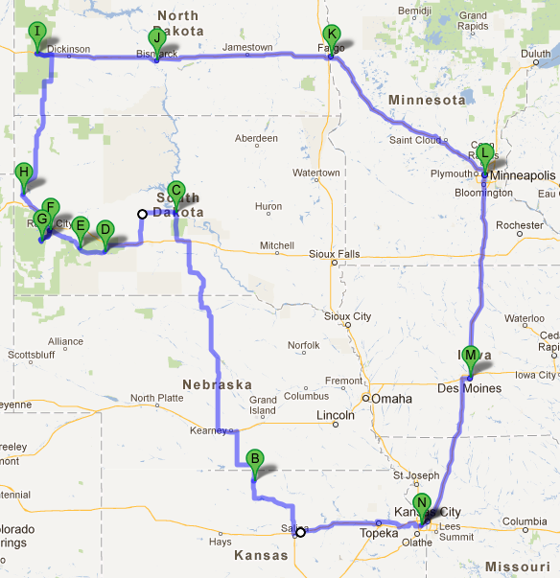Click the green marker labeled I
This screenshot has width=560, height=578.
(37, 33)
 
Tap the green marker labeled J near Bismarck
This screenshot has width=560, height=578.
(156, 38)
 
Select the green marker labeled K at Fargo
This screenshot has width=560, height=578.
(331, 35)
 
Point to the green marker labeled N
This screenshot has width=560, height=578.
(421, 504)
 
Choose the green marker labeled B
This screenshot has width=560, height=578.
(254, 460)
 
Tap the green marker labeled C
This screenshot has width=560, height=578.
(175, 191)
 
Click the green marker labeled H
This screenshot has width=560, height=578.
(24, 174)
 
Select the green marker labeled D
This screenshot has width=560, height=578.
(105, 230)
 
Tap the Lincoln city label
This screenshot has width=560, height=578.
(336, 415)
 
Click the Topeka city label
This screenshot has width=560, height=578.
(377, 533)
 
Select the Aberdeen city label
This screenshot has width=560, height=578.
(256, 138)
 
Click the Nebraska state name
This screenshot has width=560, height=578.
(220, 385)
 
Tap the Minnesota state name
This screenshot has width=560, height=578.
(427, 100)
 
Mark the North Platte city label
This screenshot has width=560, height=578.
(155, 398)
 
